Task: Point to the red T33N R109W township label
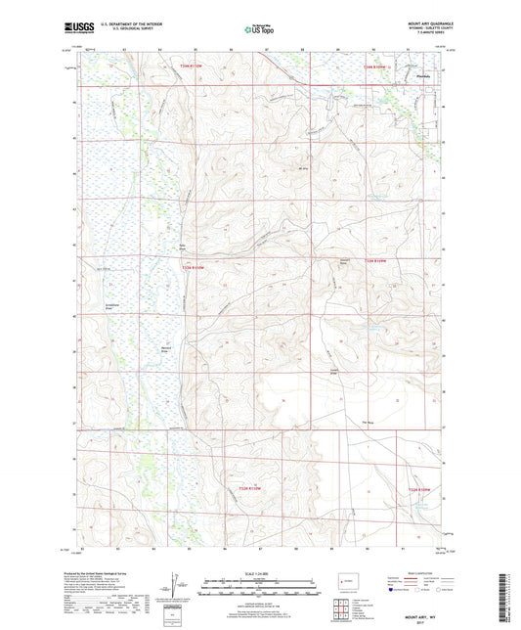tap(377, 261)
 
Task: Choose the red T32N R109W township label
tap(420, 489)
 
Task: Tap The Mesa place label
tap(369, 423)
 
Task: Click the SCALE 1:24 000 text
tap(260, 573)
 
